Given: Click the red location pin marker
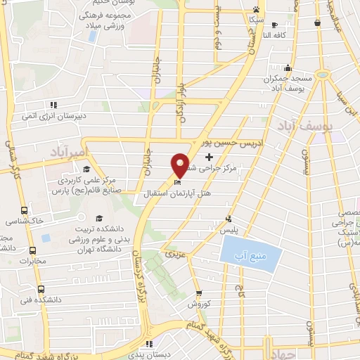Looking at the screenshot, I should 181,165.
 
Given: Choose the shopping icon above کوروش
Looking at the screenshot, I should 200,295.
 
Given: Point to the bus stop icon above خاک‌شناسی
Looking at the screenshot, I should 25,210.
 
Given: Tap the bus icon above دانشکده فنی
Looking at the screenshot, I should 40,288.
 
